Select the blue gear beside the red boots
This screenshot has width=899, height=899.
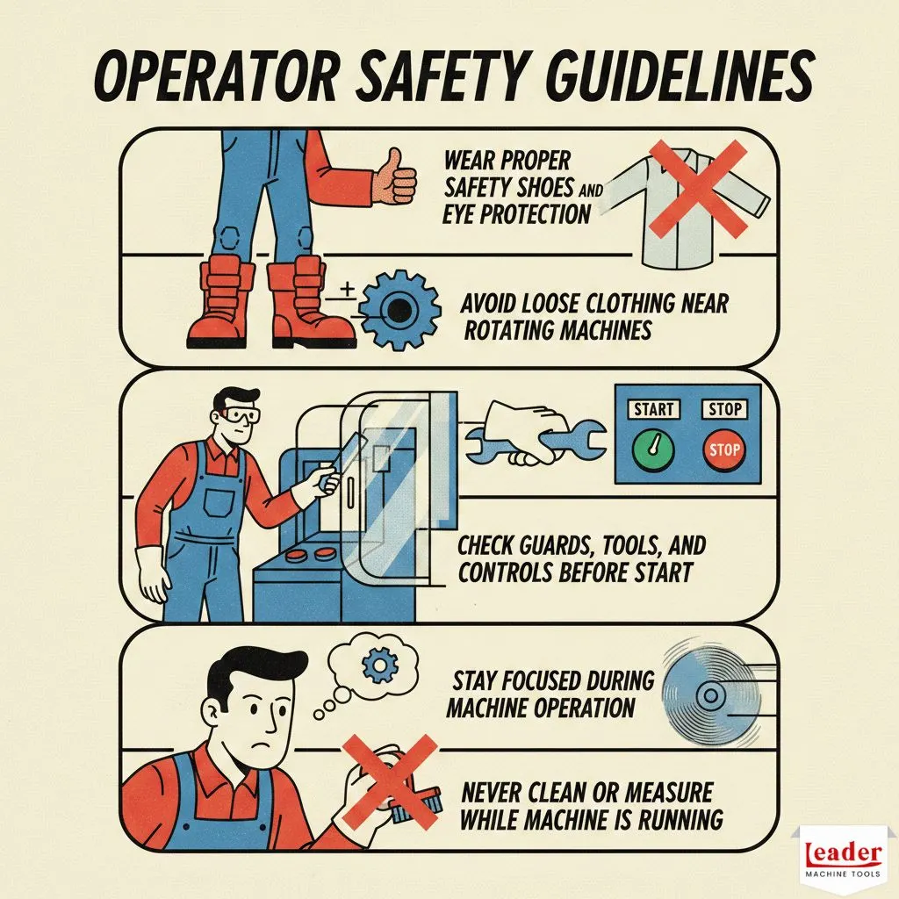[x=399, y=310]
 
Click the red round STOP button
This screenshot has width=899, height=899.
[x=724, y=449]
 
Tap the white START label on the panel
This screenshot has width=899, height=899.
[x=653, y=409]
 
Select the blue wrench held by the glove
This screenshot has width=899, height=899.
[x=536, y=442]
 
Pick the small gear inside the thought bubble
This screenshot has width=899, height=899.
[x=379, y=665]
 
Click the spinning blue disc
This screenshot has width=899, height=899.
[x=711, y=696]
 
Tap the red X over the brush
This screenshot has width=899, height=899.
[x=390, y=781]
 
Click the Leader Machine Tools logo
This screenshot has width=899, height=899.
[x=842, y=859]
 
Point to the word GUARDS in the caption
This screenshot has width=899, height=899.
[x=558, y=546]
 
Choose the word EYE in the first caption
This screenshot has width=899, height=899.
[x=458, y=214]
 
